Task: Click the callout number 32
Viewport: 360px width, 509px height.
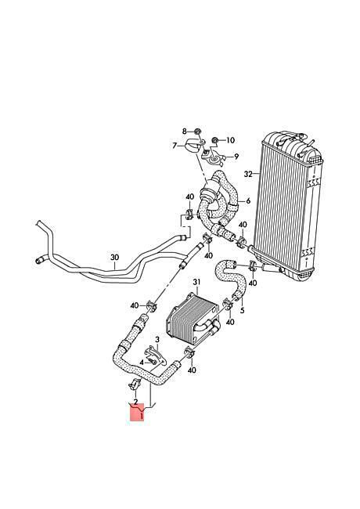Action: tap(248, 175)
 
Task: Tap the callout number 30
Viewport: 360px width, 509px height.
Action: tap(114, 258)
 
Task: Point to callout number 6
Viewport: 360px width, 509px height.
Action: tap(248, 201)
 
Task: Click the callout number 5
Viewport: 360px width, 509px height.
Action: tap(243, 311)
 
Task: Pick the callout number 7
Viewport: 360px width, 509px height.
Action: tap(175, 146)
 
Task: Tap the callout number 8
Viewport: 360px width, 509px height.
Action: tap(184, 132)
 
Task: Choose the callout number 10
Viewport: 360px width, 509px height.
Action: tap(230, 140)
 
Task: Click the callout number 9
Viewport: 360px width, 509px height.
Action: tap(236, 157)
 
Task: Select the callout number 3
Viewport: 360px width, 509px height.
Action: tap(157, 340)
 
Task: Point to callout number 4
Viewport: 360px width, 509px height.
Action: tap(142, 363)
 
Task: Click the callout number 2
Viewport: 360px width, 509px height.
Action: tap(136, 402)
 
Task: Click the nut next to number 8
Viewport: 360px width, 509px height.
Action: tap(197, 132)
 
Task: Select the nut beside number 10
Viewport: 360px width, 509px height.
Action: tap(214, 140)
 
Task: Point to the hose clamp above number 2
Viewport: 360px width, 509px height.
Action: tap(135, 385)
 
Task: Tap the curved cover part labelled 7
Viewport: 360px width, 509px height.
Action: tap(193, 147)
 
